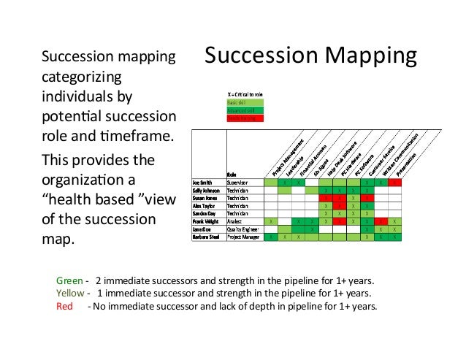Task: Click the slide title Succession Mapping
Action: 310,55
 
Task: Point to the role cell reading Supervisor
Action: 238,182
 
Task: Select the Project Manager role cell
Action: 243,237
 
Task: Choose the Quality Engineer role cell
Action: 243,229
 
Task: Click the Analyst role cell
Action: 235,221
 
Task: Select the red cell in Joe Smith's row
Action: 394,182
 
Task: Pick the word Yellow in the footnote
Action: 70,293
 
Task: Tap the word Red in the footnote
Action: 65,306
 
